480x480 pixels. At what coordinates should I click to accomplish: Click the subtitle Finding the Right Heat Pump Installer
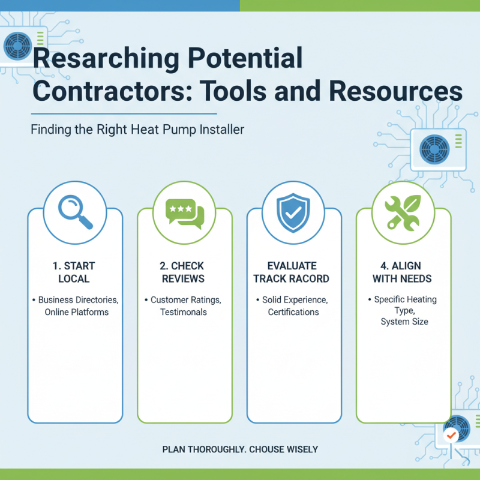(137, 130)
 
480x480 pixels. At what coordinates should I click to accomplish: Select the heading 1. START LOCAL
(75, 272)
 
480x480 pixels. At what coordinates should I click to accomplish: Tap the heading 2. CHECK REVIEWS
(184, 272)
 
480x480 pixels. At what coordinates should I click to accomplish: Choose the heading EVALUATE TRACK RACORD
(293, 272)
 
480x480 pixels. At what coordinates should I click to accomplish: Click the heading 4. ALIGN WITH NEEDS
(403, 272)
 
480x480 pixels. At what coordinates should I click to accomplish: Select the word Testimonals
(184, 312)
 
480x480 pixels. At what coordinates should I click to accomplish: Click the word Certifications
(293, 312)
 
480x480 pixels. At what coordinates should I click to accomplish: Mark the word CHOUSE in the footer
(271, 449)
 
